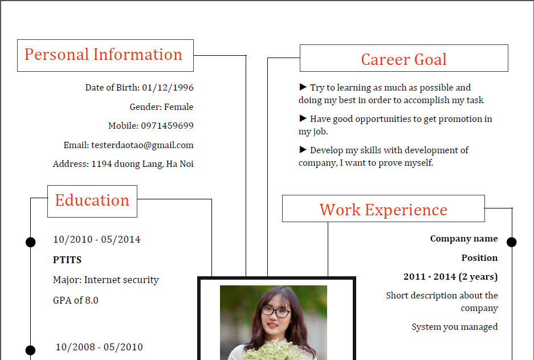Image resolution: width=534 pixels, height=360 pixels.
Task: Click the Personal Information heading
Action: tap(104, 55)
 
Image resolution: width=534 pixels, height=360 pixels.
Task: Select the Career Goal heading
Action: tap(403, 59)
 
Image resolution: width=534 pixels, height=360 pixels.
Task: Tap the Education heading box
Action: tap(92, 201)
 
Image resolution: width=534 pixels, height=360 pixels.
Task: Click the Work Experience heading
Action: tap(383, 210)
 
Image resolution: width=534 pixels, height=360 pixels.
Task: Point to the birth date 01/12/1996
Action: tap(168, 88)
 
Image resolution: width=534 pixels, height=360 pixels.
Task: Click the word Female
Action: tap(178, 107)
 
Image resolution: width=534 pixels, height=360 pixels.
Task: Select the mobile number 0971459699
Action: tap(167, 125)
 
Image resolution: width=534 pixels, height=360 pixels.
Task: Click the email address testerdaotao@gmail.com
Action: tap(142, 145)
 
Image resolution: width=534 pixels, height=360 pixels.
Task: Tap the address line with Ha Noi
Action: tap(123, 164)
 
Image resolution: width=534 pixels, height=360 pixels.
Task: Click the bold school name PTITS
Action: tap(67, 260)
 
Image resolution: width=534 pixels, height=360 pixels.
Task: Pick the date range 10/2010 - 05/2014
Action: tap(97, 239)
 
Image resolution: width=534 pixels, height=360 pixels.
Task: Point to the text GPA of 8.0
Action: tap(76, 300)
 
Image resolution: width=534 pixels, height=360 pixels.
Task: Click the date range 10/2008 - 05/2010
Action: tap(99, 347)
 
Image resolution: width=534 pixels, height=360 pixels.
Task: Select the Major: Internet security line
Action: tap(106, 280)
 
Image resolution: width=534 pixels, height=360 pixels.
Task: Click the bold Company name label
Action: tap(464, 239)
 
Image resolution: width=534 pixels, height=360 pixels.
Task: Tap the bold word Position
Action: tap(479, 258)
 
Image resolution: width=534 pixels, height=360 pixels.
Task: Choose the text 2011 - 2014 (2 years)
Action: tap(451, 277)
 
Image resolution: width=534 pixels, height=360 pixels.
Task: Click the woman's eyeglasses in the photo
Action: tap(275, 312)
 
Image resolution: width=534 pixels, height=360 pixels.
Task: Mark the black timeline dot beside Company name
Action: tap(512, 242)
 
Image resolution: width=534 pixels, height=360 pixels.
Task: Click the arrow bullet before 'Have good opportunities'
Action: tap(303, 118)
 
